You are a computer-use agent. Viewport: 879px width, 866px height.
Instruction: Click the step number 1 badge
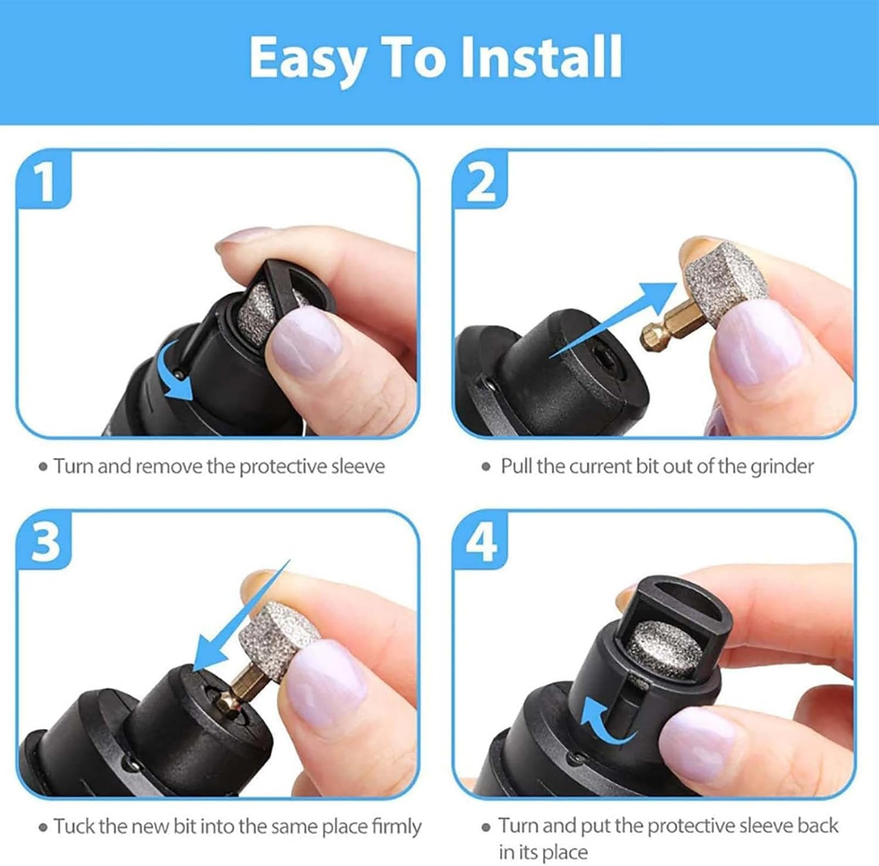coord(45,180)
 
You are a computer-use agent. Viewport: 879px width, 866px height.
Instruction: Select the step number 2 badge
coord(481,180)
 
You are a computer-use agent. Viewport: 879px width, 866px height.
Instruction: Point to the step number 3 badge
coord(45,540)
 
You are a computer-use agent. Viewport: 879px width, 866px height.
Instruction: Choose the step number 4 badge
coord(481,540)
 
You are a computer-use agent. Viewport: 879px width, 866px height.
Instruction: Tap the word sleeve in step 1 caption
coord(357,467)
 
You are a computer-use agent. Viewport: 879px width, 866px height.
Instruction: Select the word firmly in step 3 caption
coord(396,827)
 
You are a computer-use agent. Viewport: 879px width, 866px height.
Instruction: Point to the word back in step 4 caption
coord(817,826)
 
